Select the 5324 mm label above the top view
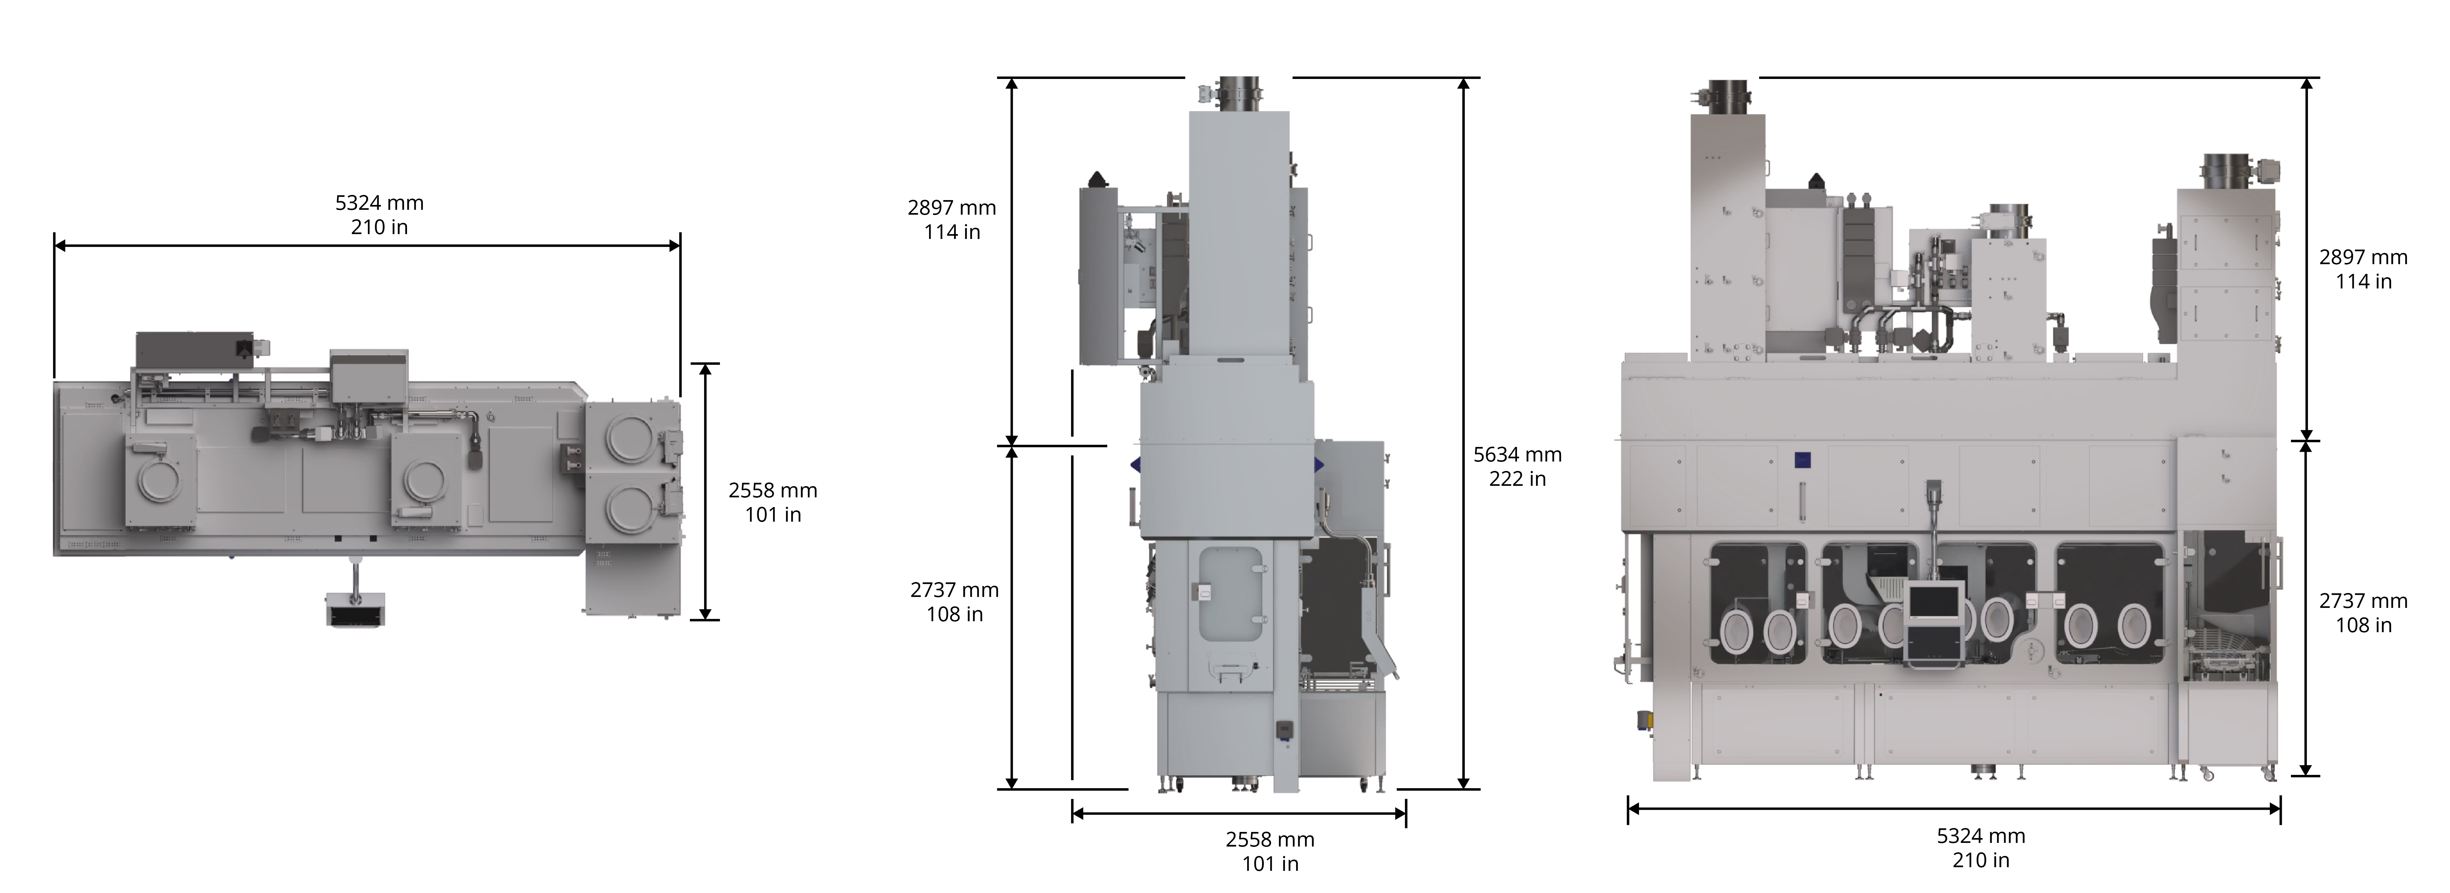pyautogui.click(x=379, y=203)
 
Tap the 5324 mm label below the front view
pyautogui.click(x=1981, y=836)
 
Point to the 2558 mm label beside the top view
pyautogui.click(x=772, y=491)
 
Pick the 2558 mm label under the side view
pyautogui.click(x=1270, y=840)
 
